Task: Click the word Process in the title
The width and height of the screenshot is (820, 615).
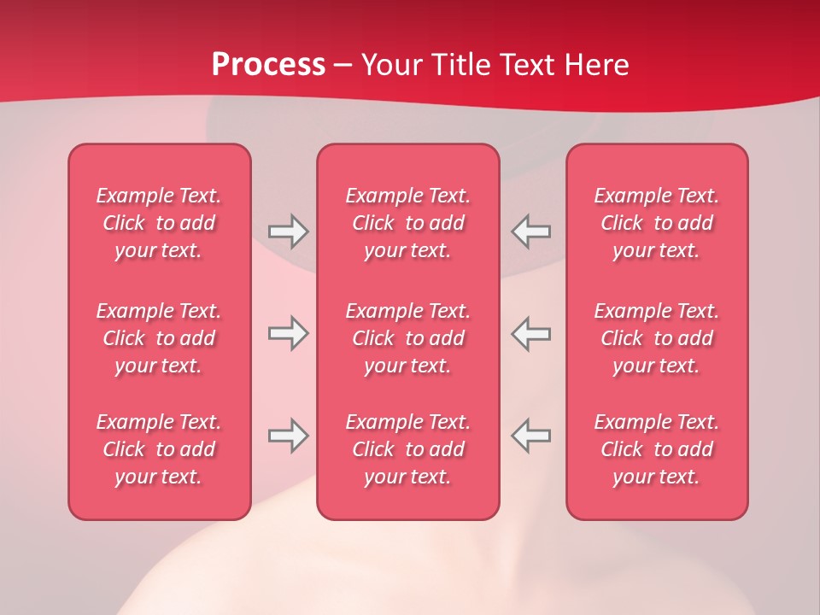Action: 268,64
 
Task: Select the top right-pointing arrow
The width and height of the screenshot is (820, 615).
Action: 288,231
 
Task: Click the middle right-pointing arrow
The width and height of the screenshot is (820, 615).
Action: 288,333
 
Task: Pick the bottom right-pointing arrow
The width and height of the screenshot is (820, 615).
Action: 288,436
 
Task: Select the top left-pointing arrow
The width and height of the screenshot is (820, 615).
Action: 530,231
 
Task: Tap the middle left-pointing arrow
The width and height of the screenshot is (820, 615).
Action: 530,333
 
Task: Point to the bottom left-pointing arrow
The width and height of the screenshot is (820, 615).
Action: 530,436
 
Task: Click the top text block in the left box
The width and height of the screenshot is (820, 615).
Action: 159,223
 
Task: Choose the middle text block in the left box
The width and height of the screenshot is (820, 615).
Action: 159,338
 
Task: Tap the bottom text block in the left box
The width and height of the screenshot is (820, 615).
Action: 159,449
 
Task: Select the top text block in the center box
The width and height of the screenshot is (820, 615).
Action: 407,223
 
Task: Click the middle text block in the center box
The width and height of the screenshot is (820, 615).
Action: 407,338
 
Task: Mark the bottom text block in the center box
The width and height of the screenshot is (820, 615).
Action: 407,449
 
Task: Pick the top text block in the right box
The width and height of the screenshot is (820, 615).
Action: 656,223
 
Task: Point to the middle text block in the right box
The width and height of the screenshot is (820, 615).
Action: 656,338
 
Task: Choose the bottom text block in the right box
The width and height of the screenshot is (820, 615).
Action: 656,449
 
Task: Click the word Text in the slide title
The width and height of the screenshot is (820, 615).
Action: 528,64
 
